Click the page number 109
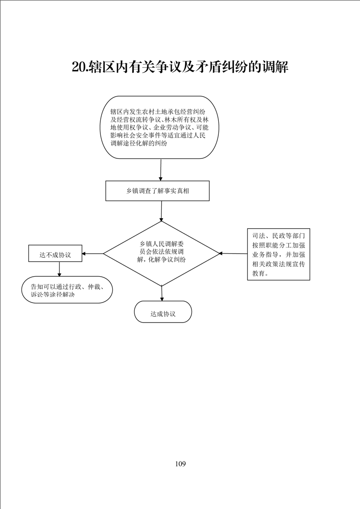180,464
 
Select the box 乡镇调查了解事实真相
158,191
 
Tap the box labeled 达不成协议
55,254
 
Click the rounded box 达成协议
163,312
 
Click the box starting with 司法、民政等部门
278,254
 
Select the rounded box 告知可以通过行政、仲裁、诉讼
67,290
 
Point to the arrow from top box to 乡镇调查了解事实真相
161,170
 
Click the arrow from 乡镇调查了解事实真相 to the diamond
162,211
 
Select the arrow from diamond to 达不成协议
93,254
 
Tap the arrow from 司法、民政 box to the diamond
234,253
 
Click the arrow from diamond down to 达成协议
162,293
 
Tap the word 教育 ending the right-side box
259,274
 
